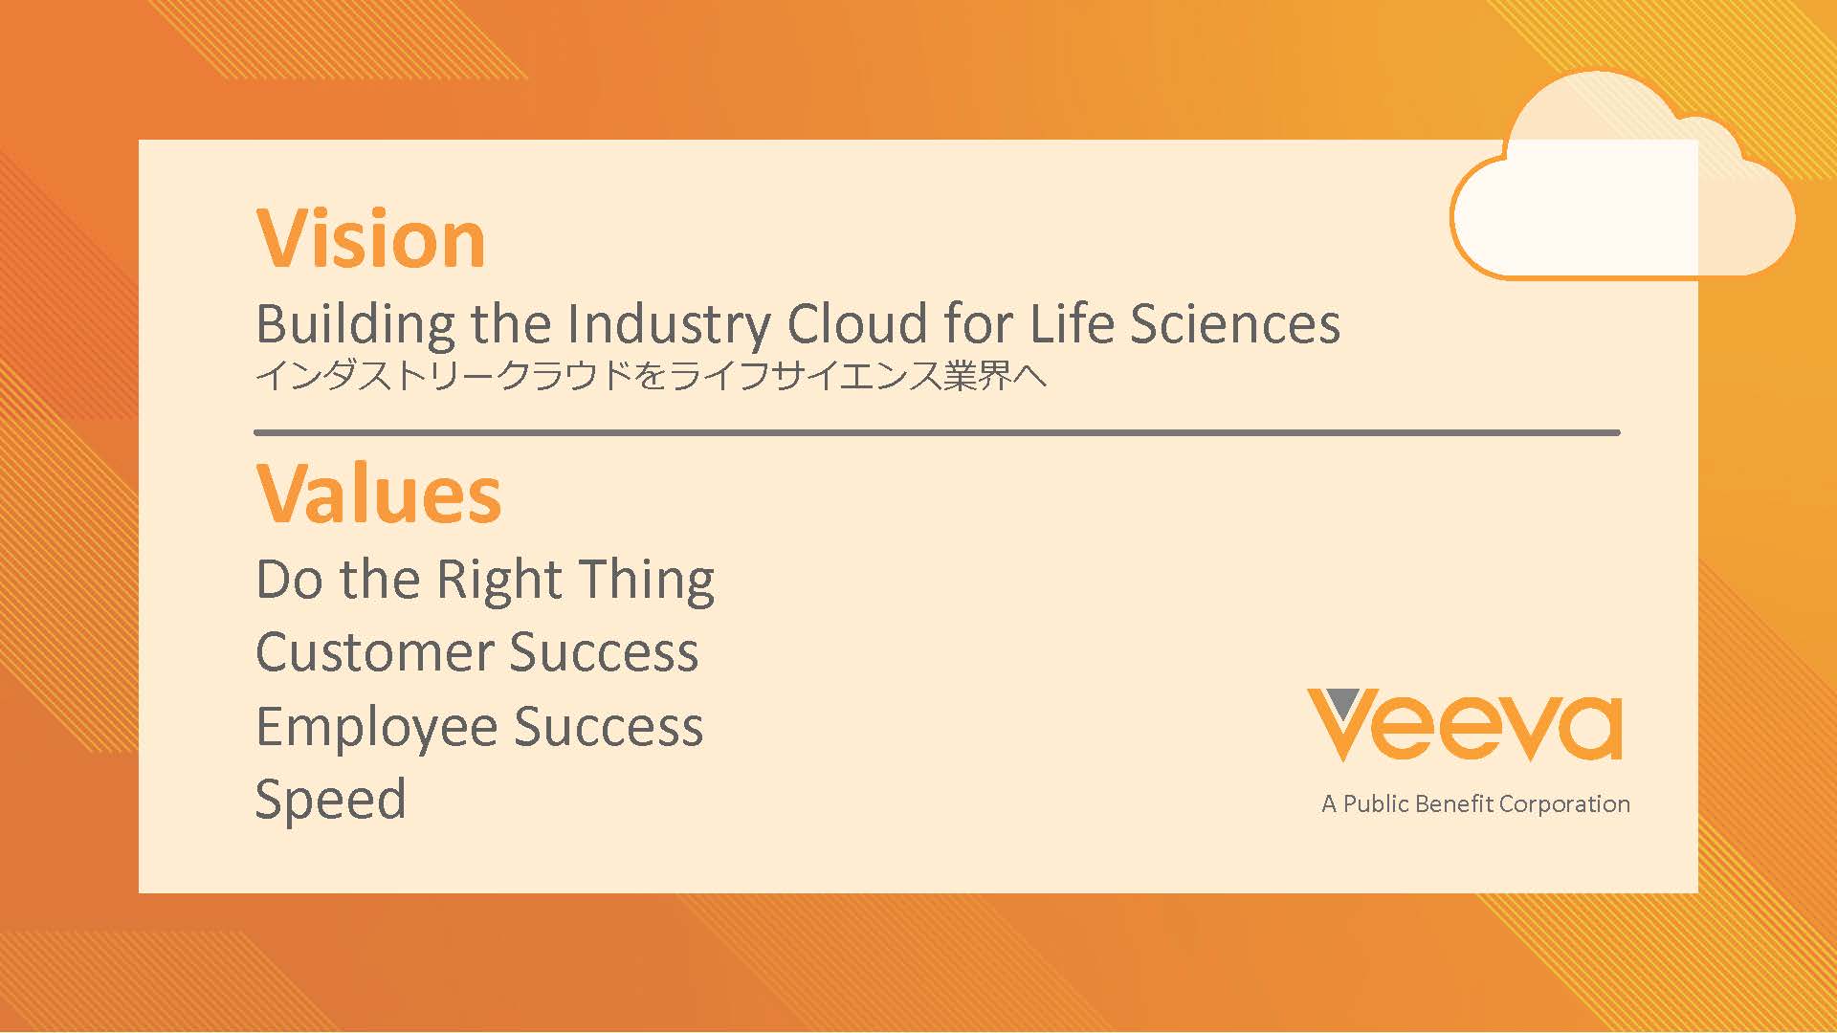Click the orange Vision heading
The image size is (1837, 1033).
tap(371, 238)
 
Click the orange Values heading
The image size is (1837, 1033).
tap(379, 494)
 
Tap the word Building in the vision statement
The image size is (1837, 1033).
tap(355, 325)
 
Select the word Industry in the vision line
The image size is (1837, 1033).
tap(669, 325)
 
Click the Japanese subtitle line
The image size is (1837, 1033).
tap(652, 375)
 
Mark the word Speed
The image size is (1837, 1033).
tap(331, 801)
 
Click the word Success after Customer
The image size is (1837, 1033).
tap(605, 652)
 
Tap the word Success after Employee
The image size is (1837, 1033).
tap(609, 727)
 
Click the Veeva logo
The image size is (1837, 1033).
tap(1465, 725)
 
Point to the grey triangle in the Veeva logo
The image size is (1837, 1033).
tap(1343, 702)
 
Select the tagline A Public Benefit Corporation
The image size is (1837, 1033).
tap(1475, 804)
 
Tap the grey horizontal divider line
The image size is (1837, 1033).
tap(937, 433)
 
